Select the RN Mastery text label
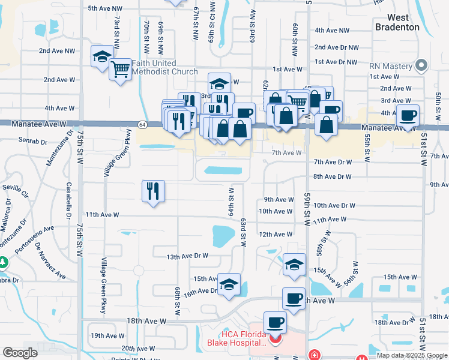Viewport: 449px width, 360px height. [x=390, y=66]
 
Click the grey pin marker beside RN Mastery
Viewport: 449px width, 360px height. [x=422, y=65]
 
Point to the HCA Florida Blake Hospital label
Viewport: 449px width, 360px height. [x=235, y=338]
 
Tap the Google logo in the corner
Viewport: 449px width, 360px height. [x=20, y=353]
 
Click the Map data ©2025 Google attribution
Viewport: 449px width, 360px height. [x=412, y=355]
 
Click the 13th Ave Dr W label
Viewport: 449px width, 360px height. [x=187, y=256]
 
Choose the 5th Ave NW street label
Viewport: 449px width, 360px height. [x=105, y=8]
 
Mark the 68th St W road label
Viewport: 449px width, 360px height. [x=178, y=301]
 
